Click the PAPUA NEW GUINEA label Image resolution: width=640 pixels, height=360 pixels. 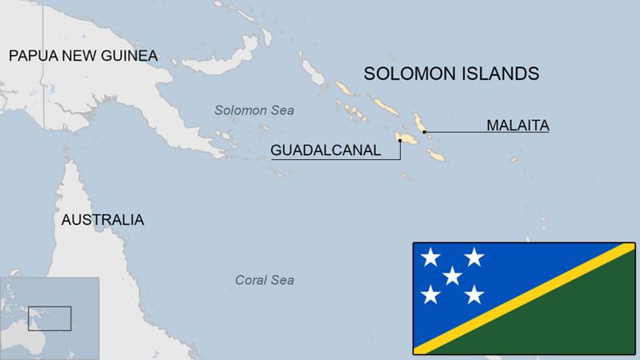[83, 55]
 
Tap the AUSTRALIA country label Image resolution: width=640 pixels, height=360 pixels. [103, 219]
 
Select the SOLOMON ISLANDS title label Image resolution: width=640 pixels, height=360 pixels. [451, 74]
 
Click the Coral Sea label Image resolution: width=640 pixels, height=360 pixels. [264, 280]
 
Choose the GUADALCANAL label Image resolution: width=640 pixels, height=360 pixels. [325, 150]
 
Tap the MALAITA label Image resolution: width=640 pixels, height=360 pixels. [518, 125]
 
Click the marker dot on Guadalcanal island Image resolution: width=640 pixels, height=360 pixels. [400, 141]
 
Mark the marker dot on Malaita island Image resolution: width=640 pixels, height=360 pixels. [424, 131]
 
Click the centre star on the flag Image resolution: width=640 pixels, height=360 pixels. [453, 276]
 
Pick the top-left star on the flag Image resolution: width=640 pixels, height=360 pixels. [431, 258]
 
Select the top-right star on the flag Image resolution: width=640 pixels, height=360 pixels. [474, 258]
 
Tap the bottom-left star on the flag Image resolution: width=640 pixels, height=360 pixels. [431, 295]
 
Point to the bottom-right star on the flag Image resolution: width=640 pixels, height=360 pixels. [474, 295]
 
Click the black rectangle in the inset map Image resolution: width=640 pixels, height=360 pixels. [50, 318]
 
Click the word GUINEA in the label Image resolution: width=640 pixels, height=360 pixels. [131, 55]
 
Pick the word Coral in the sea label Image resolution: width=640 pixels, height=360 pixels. [250, 280]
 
